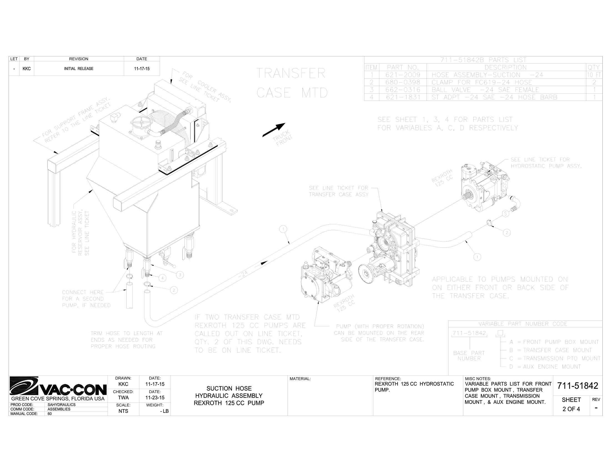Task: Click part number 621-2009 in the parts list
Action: (x=403, y=75)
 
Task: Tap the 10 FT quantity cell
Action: (x=594, y=75)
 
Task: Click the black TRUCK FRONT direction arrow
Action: (x=274, y=130)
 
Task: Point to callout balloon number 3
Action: (x=180, y=275)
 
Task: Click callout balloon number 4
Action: (x=162, y=278)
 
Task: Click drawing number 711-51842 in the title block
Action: (x=577, y=386)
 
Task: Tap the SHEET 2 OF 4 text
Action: (x=571, y=405)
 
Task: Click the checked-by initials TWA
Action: (x=123, y=398)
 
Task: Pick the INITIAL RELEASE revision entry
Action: (x=79, y=69)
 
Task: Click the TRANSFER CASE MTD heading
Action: (x=292, y=83)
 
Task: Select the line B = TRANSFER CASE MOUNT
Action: (x=550, y=350)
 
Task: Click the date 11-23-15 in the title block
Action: (x=155, y=398)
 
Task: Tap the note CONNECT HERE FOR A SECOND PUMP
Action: (x=86, y=299)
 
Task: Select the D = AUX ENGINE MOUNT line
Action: (x=545, y=366)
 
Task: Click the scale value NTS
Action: (x=123, y=411)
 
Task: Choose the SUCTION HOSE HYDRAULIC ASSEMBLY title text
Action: (x=229, y=395)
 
